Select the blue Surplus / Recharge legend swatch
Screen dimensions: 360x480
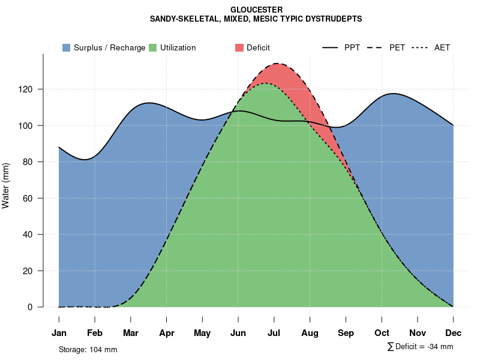pos(67,47)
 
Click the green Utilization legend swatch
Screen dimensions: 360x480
pos(152,47)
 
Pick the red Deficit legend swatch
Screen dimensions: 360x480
pos(239,47)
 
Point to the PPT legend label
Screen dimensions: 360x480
pos(352,47)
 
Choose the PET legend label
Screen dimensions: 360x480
pos(397,47)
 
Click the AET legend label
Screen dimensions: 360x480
pos(442,47)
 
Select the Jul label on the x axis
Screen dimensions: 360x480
pos(274,333)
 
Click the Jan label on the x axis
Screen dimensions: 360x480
pos(59,333)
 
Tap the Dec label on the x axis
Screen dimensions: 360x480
pos(454,333)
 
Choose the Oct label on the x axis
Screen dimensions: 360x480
pos(382,333)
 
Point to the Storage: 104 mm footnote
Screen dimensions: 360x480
pos(88,349)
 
